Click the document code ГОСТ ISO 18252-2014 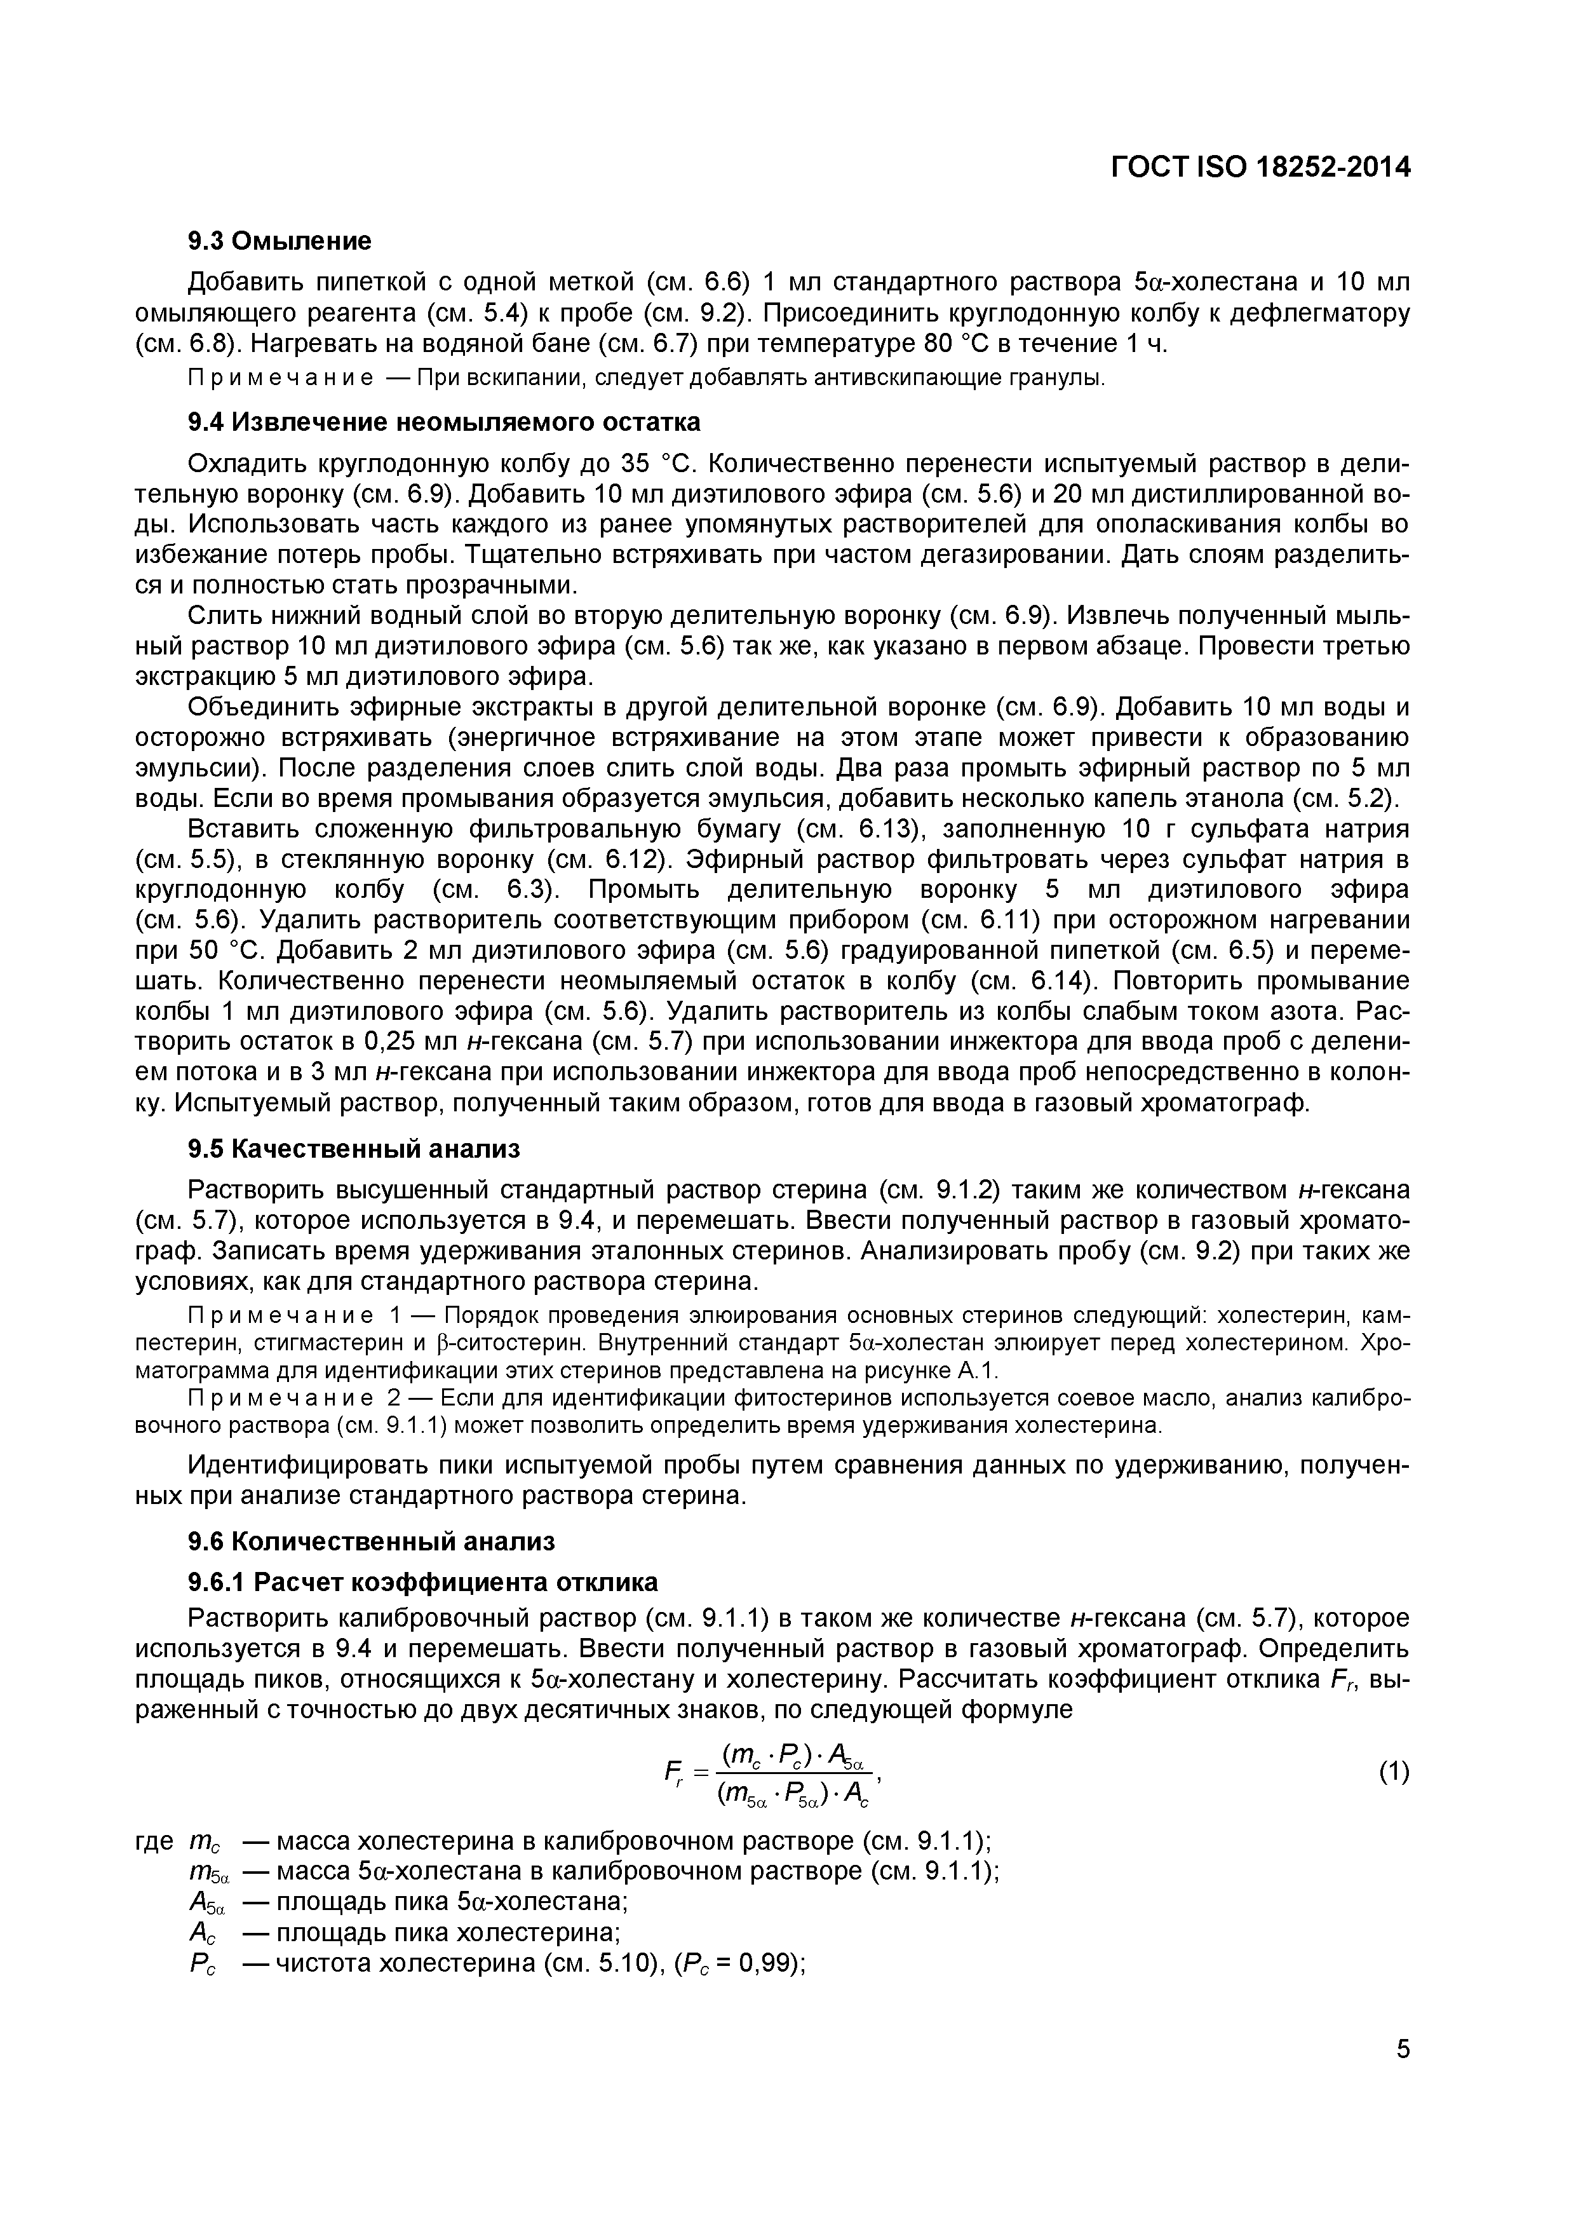pyautogui.click(x=1260, y=168)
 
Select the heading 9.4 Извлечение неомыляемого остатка pyautogui.click(x=443, y=423)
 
